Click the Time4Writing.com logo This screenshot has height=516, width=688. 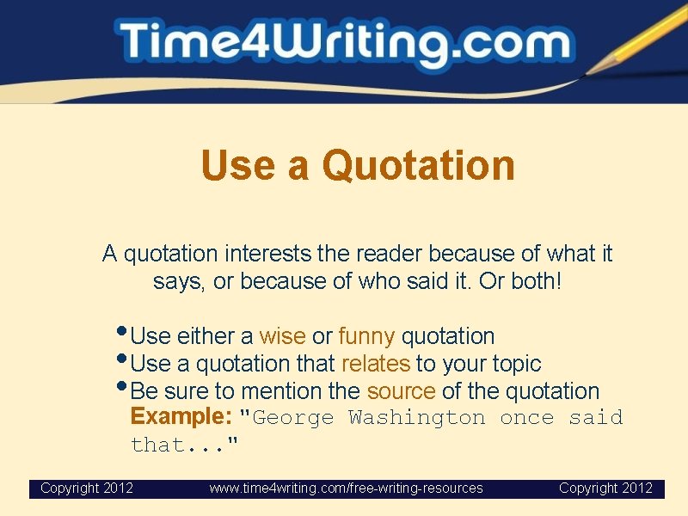coord(344,43)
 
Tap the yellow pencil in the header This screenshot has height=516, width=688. coord(640,38)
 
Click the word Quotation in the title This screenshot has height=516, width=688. coord(419,165)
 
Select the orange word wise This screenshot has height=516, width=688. coord(282,335)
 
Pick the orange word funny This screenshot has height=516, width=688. coord(366,335)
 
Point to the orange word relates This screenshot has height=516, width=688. coord(376,363)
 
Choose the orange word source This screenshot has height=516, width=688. coord(401,390)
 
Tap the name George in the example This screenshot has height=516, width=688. coord(293,418)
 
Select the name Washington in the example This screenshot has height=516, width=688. coord(417,418)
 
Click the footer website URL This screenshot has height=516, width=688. coord(347,488)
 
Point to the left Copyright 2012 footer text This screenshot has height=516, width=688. coord(87,488)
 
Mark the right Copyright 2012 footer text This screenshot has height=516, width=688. coord(605,488)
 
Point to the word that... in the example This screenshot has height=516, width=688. coord(184,445)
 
